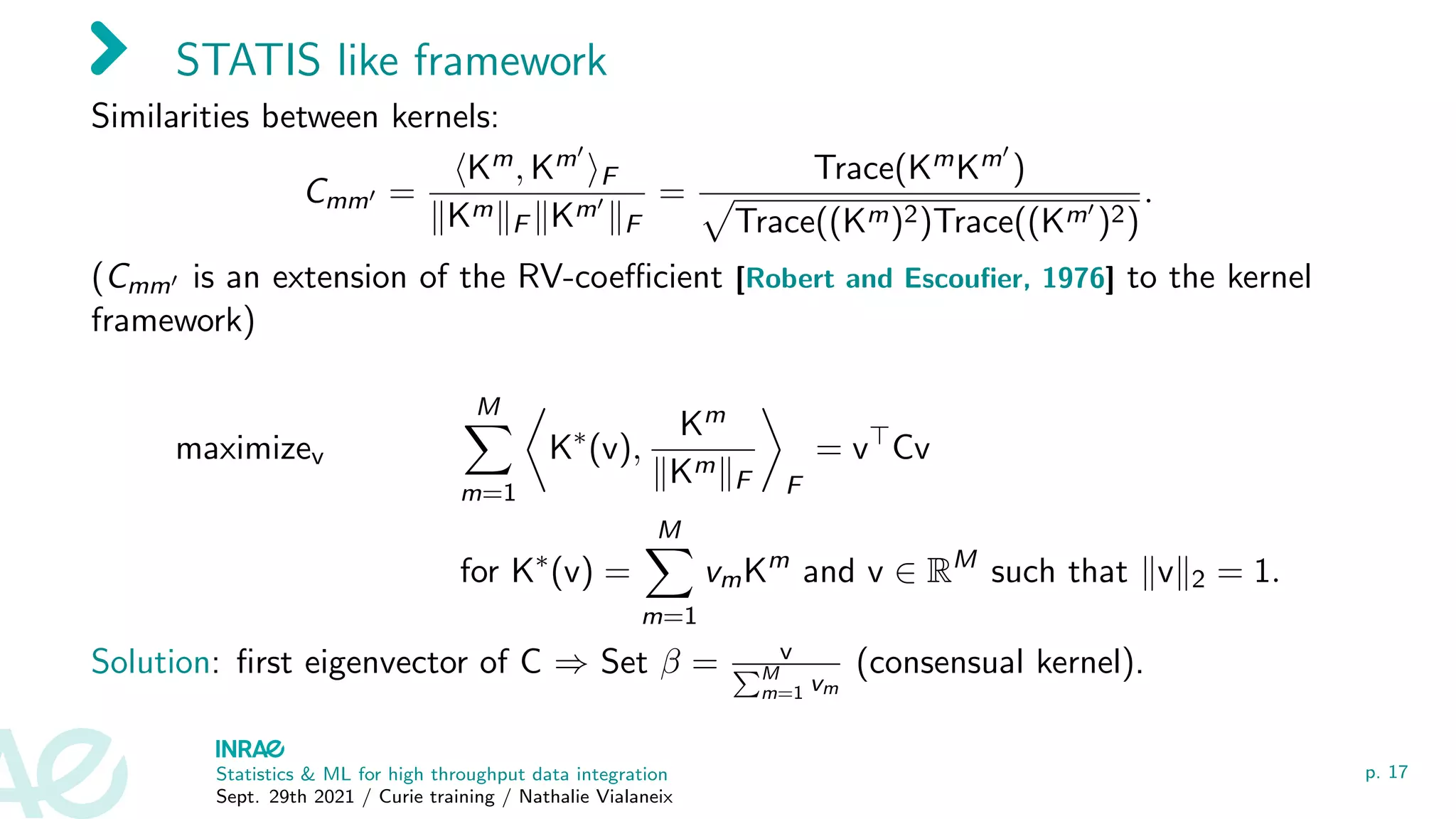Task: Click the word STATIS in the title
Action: tap(248, 60)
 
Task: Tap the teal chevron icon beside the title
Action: tap(109, 48)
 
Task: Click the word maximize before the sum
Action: tap(243, 449)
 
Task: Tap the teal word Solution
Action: tap(151, 663)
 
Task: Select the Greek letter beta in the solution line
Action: tap(670, 664)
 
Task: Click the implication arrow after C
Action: tap(571, 664)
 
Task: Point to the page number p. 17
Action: tap(1386, 772)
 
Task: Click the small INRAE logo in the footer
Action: tap(250, 749)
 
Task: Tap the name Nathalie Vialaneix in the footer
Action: tap(596, 797)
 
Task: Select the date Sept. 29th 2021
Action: tap(285, 797)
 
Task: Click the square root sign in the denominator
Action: tap(717, 223)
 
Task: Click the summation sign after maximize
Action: tap(488, 449)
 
